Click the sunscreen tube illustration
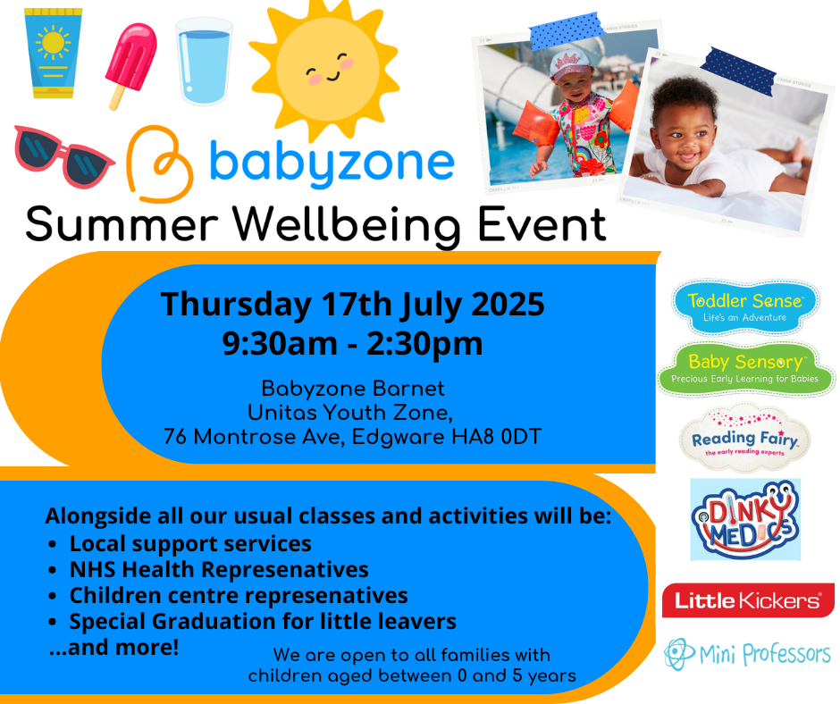[53, 54]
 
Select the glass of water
[204, 61]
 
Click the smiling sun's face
[328, 70]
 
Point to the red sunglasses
[63, 156]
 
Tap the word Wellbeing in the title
[346, 225]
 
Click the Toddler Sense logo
[745, 307]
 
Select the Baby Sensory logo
[745, 369]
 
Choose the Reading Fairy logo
[744, 440]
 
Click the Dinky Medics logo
[745, 519]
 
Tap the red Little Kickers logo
[748, 600]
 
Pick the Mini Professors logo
[748, 654]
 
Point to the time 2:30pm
[424, 344]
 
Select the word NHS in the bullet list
[92, 569]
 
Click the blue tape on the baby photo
[738, 71]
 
